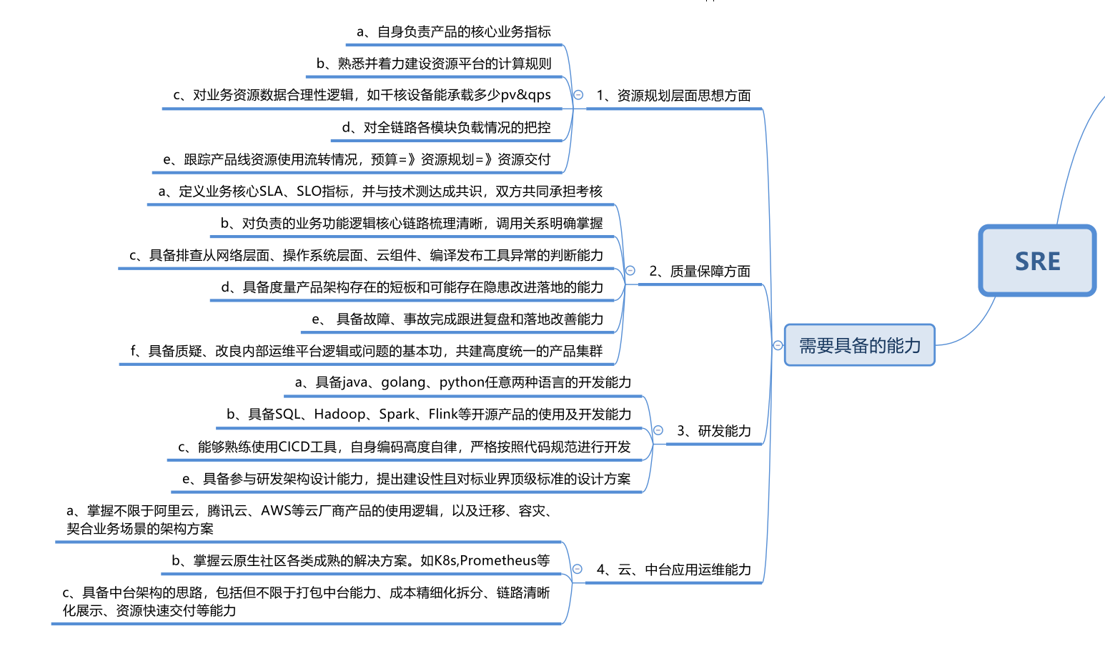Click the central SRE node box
(1037, 261)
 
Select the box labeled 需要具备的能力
(860, 345)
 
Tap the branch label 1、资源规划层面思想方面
(673, 95)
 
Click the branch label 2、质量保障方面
(700, 271)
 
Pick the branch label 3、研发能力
(714, 430)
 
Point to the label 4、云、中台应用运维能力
(673, 570)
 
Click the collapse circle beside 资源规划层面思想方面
(578, 94)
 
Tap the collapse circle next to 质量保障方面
(630, 270)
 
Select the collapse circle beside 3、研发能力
(658, 430)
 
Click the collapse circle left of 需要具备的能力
(778, 345)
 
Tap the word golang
(402, 382)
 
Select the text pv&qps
(526, 95)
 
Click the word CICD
(294, 447)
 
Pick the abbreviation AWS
(276, 510)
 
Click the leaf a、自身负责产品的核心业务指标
(454, 31)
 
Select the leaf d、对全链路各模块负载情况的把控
(447, 127)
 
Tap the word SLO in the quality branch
(309, 192)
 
